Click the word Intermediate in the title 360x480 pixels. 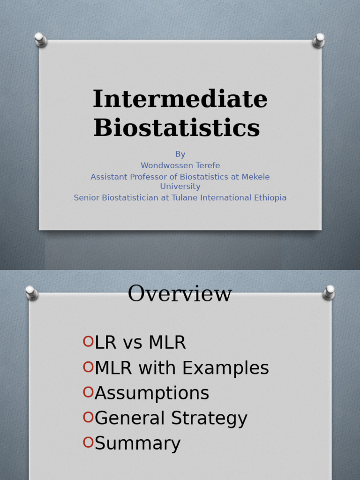click(180, 99)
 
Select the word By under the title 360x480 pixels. click(180, 154)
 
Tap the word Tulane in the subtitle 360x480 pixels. click(216, 197)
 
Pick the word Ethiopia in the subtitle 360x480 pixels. click(268, 197)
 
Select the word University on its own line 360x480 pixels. click(180, 186)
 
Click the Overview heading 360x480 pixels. click(180, 294)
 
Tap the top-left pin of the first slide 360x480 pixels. click(40, 39)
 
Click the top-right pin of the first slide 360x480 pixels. click(319, 40)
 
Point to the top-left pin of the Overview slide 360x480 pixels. click(31, 292)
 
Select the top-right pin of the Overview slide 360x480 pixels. click(329, 292)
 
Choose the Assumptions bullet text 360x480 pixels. click(152, 393)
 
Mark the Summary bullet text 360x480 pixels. click(137, 443)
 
